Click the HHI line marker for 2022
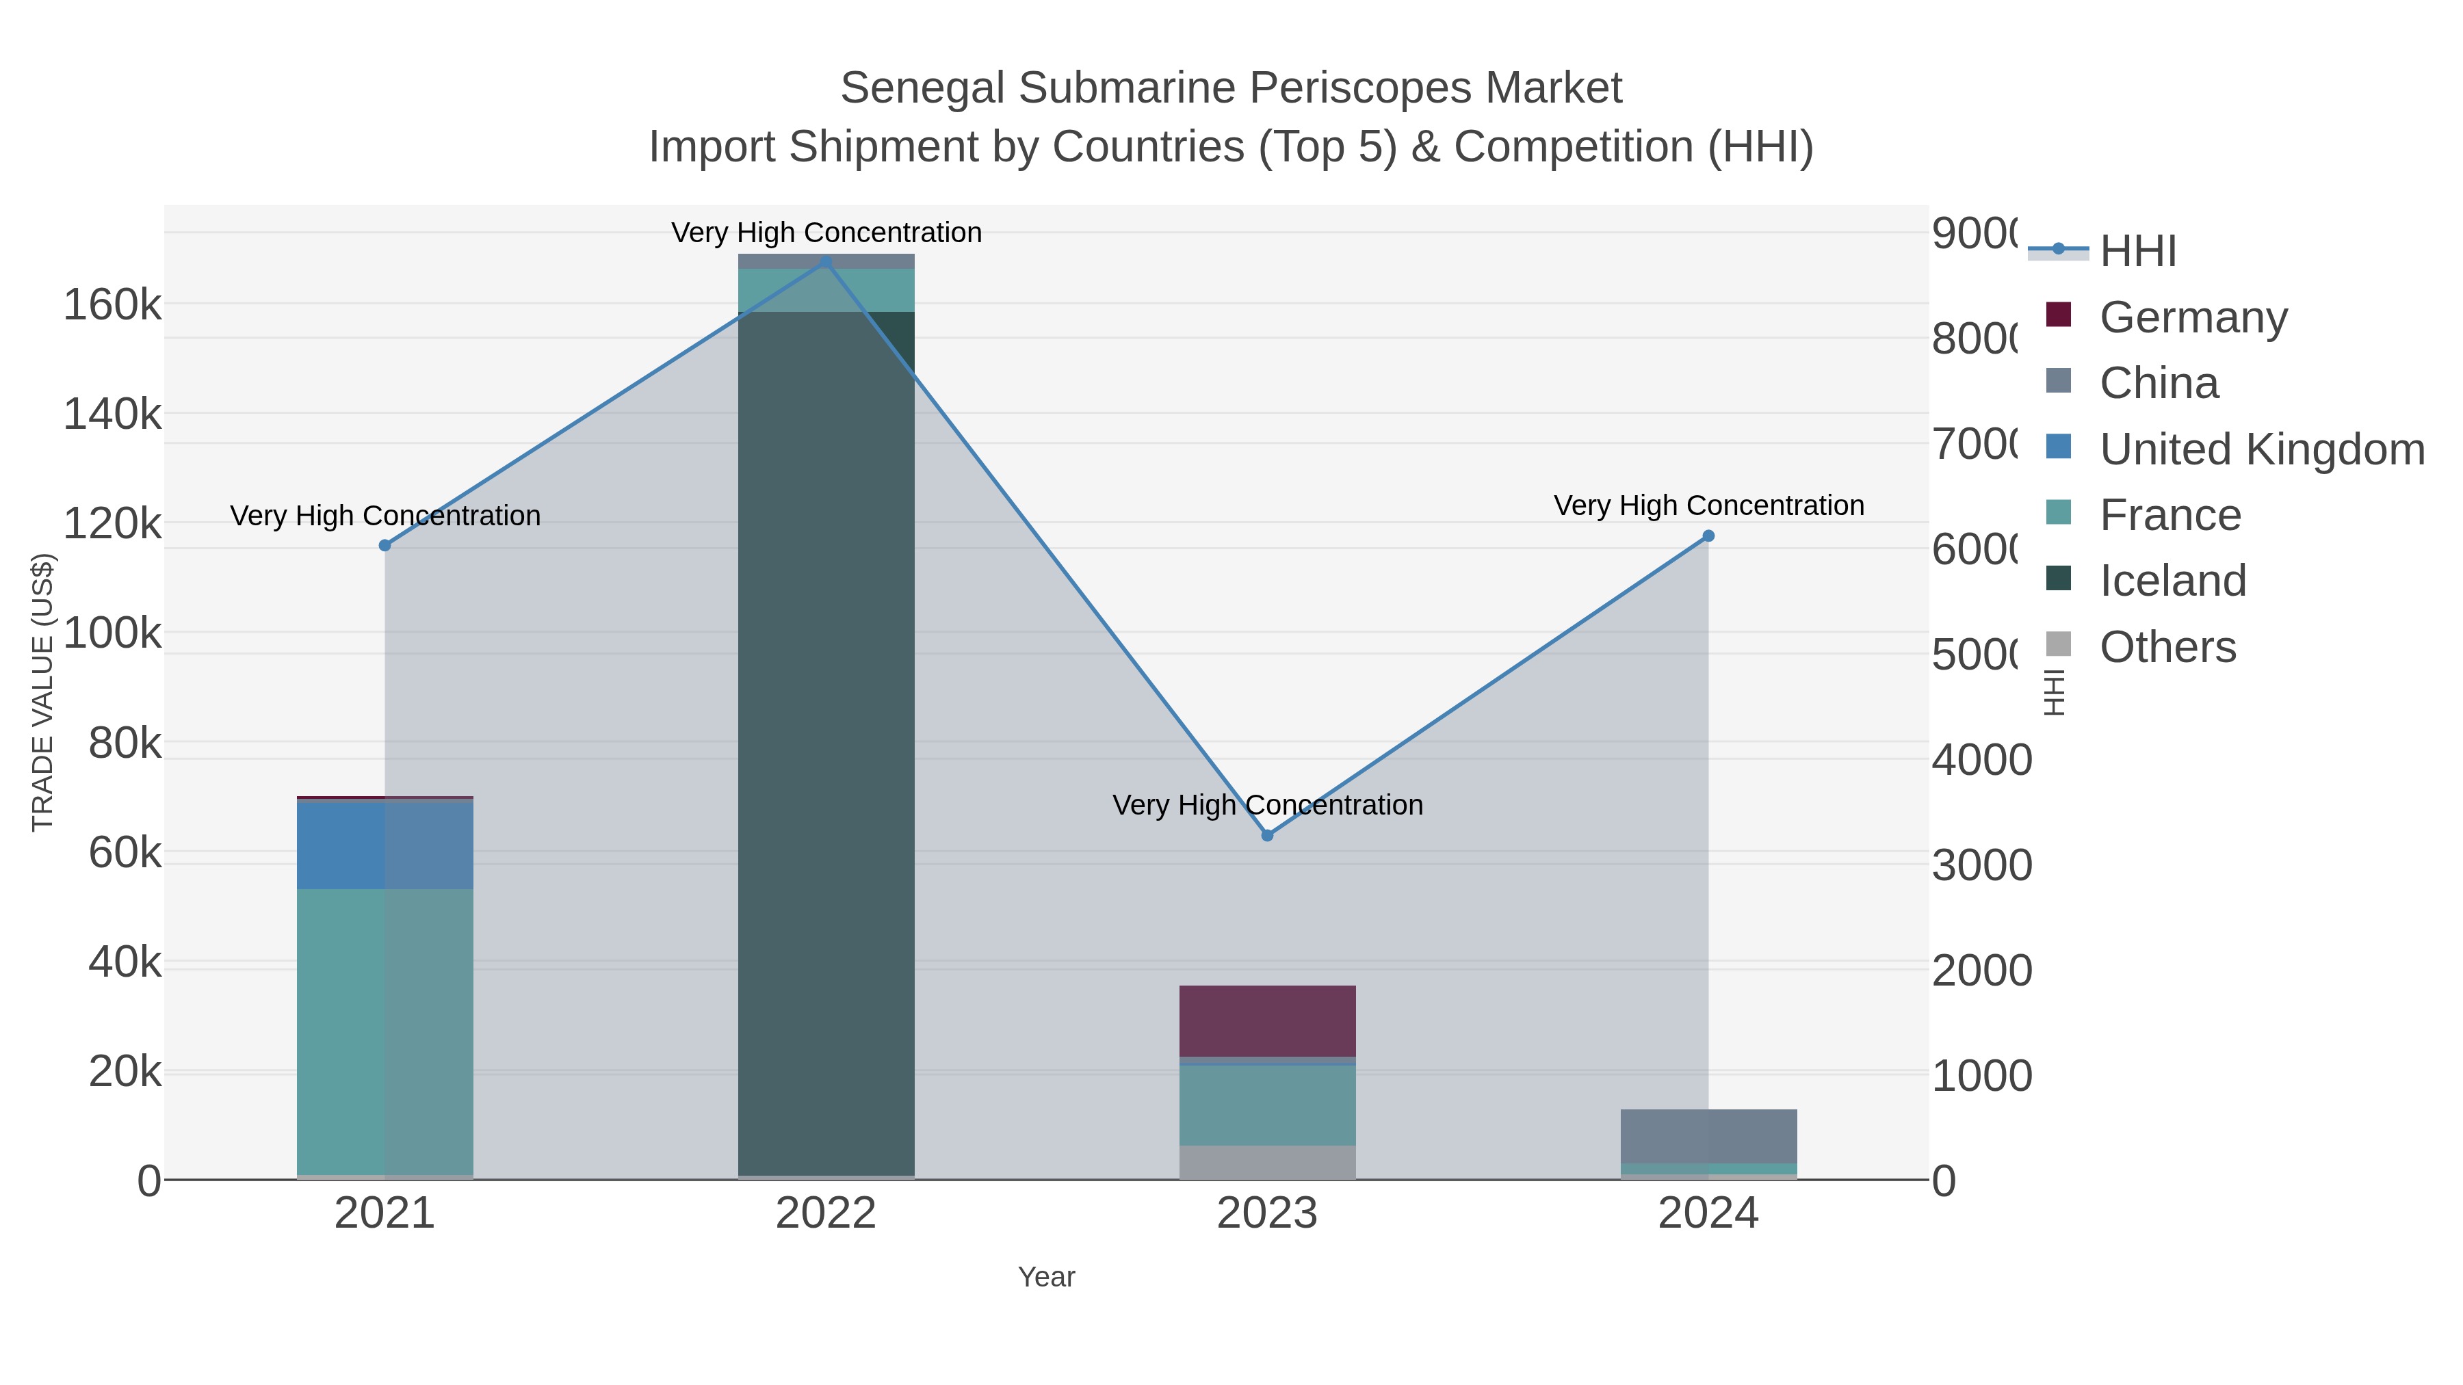[826, 261]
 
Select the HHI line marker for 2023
[1267, 835]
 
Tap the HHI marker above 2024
[1708, 536]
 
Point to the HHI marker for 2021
[385, 546]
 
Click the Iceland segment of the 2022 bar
[826, 746]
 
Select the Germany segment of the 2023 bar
[1267, 1021]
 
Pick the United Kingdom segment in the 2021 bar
[385, 845]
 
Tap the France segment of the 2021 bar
[385, 1032]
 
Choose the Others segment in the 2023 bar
[1267, 1162]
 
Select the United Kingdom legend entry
[2261, 449]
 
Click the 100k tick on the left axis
[112, 633]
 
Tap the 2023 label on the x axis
[1267, 1214]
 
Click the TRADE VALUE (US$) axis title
[43, 692]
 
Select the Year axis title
[1046, 1277]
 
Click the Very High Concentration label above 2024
[1708, 505]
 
